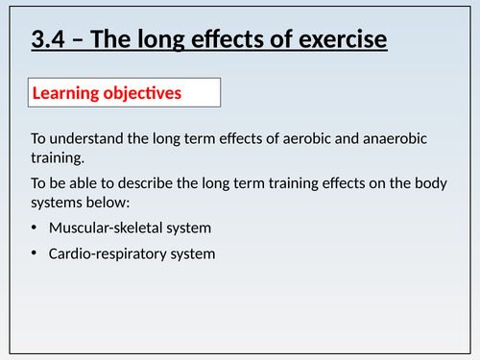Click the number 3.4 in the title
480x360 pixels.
pyautogui.click(x=47, y=42)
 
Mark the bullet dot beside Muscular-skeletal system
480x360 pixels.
pyautogui.click(x=36, y=228)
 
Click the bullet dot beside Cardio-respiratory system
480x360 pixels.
pyautogui.click(x=36, y=254)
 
